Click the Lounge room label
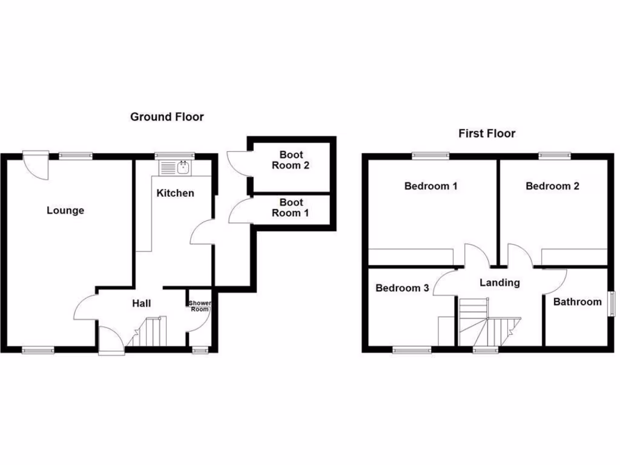pyautogui.click(x=65, y=211)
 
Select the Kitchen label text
pyautogui.click(x=176, y=193)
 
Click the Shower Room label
pyautogui.click(x=199, y=306)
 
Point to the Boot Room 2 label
pyautogui.click(x=291, y=160)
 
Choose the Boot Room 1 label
pyautogui.click(x=291, y=208)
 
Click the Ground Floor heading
pyautogui.click(x=167, y=117)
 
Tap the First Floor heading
pyautogui.click(x=487, y=133)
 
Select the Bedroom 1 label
pyautogui.click(x=430, y=186)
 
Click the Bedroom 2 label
pyautogui.click(x=552, y=186)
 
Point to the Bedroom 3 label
pyautogui.click(x=402, y=288)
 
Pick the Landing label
pyautogui.click(x=500, y=283)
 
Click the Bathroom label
pyautogui.click(x=578, y=302)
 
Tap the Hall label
pyautogui.click(x=142, y=303)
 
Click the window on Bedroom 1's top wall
pyautogui.click(x=430, y=155)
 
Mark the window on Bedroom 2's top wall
pyautogui.click(x=555, y=155)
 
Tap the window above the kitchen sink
pyautogui.click(x=173, y=155)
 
